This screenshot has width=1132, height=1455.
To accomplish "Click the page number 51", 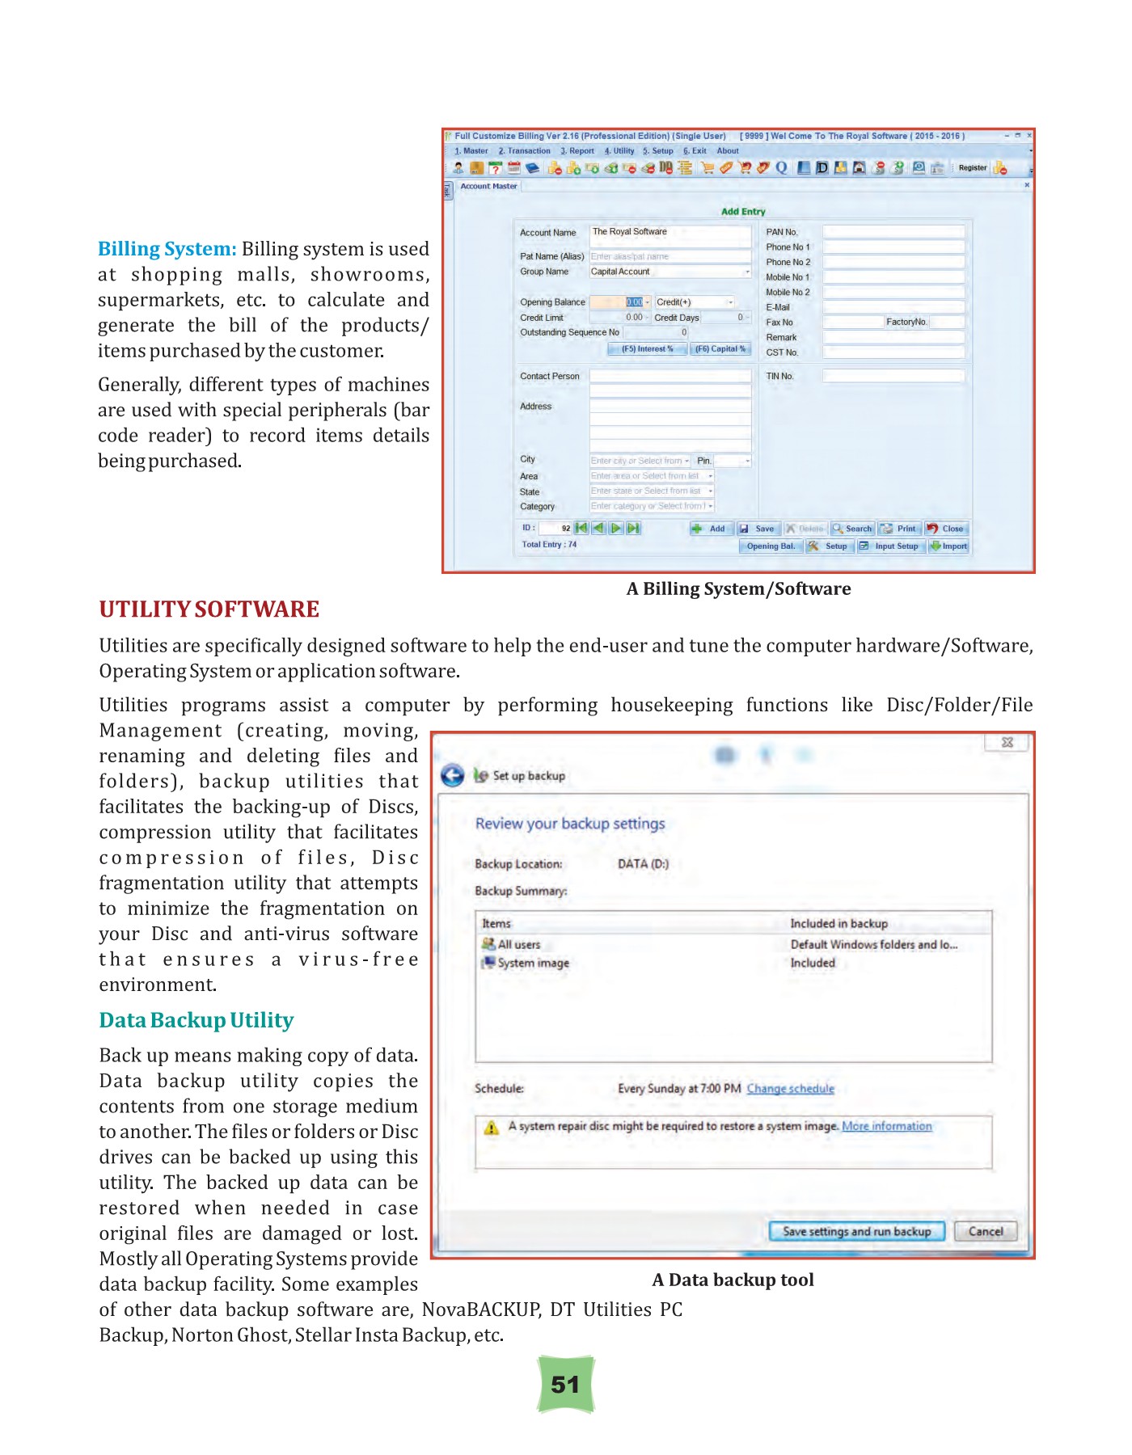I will (x=565, y=1385).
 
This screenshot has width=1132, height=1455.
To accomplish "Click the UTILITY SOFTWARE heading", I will (x=209, y=609).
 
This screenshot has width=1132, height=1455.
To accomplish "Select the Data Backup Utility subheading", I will (x=196, y=1020).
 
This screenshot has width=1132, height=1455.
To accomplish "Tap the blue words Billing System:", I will (x=167, y=249).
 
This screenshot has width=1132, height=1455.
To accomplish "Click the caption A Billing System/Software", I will (x=738, y=588).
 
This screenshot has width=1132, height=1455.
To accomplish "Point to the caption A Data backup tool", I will (x=733, y=1280).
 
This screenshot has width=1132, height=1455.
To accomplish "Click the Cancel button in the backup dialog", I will (x=985, y=1231).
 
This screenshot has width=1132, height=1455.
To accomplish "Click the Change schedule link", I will (x=790, y=1089).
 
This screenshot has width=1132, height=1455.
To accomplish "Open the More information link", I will (x=886, y=1126).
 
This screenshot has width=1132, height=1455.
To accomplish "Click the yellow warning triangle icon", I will (x=491, y=1128).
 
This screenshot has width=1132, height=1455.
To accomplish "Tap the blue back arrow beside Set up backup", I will (x=453, y=776).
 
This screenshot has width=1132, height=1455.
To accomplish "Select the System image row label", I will (x=533, y=963).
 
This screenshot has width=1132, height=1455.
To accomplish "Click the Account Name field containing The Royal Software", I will (x=669, y=232).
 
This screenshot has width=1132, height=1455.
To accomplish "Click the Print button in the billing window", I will (x=899, y=529).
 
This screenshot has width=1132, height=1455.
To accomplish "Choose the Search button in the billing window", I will (x=852, y=529).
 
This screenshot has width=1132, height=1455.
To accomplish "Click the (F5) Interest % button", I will (x=647, y=349).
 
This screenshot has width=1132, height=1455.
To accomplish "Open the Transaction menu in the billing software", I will (x=525, y=151).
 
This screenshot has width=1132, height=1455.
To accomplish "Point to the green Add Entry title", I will (x=742, y=212).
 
